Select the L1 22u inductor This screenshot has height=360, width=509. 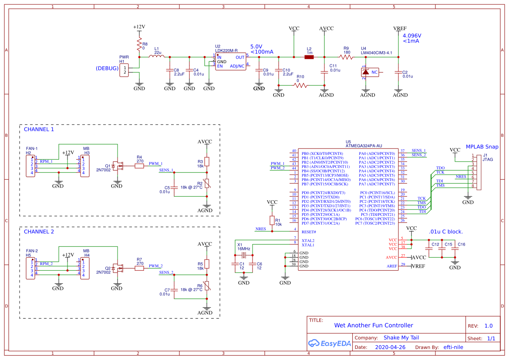pyautogui.click(x=157, y=57)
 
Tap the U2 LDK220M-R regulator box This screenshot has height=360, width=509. pyautogui.click(x=231, y=61)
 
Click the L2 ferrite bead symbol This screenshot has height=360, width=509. pyautogui.click(x=309, y=57)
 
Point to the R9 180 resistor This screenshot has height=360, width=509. pyautogui.click(x=347, y=57)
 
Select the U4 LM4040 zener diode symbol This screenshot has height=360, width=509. pyautogui.click(x=365, y=72)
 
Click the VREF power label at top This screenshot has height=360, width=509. pyautogui.click(x=400, y=28)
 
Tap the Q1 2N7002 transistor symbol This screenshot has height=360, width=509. pyautogui.click(x=118, y=166)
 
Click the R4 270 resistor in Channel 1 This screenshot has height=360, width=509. pyautogui.click(x=139, y=166)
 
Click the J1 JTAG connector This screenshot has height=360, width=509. pyautogui.click(x=479, y=173)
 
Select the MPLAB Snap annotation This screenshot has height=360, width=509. pyautogui.click(x=482, y=147)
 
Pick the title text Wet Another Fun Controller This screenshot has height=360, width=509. pyautogui.click(x=373, y=325)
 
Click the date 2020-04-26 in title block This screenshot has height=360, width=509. pyautogui.click(x=390, y=347)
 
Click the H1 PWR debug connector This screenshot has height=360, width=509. pyautogui.click(x=125, y=70)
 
